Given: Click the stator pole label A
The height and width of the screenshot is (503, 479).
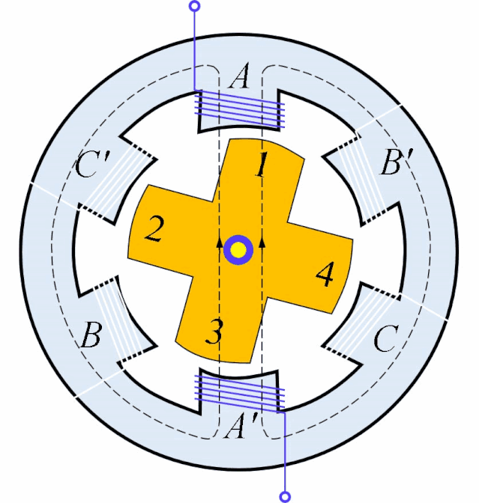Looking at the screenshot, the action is pos(239,76).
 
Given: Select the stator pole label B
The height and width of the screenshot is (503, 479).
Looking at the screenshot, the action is pos(91,335).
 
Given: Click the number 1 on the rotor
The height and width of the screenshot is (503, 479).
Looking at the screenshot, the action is pos(262,164).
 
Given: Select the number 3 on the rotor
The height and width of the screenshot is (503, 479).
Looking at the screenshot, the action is pos(214,332).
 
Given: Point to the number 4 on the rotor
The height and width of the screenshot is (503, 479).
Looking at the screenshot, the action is pos(325,273).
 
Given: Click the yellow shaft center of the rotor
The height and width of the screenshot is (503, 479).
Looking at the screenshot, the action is pos(238,250).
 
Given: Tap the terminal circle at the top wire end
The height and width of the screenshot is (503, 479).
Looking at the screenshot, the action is pos(195,6).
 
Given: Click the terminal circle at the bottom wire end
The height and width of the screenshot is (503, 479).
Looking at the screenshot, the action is pos(285,496).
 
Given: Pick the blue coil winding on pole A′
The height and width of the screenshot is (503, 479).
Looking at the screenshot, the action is pos(239,394).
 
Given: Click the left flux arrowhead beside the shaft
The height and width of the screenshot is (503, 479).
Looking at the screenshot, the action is pos(219,243).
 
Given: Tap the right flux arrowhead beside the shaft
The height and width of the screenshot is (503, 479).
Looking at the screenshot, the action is pos(262,243).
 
